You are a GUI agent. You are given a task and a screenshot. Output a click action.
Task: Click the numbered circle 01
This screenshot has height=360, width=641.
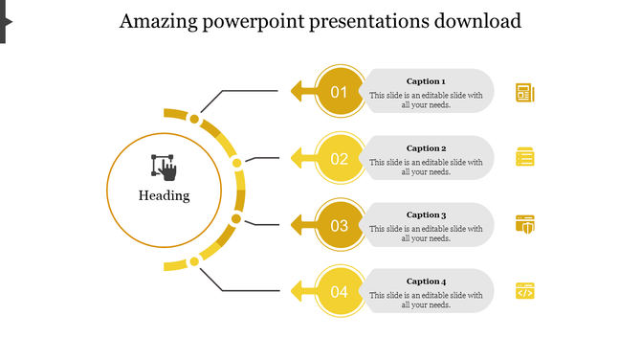(340, 92)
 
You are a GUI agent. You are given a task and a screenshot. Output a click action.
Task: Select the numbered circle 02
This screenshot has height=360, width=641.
(340, 159)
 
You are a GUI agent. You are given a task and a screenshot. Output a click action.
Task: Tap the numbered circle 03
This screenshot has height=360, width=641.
(340, 226)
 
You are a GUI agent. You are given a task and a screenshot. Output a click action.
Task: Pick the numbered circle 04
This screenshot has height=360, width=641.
(340, 292)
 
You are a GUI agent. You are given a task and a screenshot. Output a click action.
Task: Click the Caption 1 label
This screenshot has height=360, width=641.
(426, 81)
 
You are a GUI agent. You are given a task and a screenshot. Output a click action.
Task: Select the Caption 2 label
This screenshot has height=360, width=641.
(426, 148)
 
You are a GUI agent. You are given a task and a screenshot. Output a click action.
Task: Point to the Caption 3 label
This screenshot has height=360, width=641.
(426, 215)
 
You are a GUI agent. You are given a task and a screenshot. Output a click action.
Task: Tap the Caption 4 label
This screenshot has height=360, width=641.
(426, 281)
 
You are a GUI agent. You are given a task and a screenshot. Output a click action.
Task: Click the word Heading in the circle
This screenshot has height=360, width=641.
(164, 196)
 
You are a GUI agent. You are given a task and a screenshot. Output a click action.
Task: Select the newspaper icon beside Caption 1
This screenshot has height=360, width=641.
(524, 92)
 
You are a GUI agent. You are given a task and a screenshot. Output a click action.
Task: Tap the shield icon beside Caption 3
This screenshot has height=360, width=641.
(524, 224)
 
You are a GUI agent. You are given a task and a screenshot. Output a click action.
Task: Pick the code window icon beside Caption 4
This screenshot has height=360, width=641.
(524, 291)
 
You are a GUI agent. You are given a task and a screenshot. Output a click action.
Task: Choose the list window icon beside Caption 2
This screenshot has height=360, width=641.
(524, 157)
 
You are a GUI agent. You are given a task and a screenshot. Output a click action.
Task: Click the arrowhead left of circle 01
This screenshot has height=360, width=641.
(298, 92)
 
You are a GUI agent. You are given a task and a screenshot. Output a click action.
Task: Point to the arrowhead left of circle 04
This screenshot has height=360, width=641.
(298, 291)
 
